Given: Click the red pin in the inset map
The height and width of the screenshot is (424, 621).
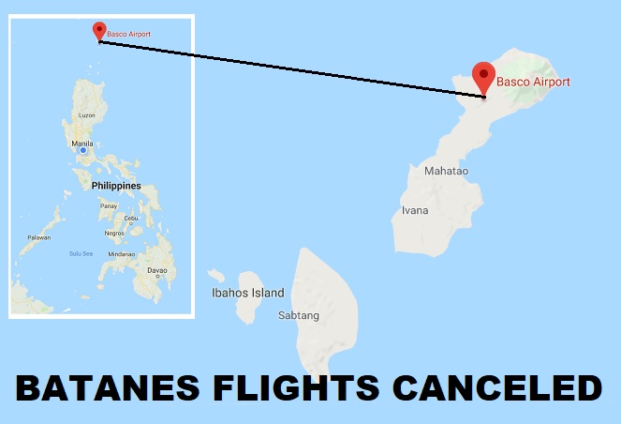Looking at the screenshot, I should [98, 31].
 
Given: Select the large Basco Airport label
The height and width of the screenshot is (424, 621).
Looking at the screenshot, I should [534, 83].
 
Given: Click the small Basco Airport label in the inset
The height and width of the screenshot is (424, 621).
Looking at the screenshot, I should [128, 35].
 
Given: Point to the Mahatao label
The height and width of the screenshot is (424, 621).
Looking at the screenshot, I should [446, 172].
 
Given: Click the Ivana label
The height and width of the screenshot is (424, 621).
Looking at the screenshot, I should [414, 210].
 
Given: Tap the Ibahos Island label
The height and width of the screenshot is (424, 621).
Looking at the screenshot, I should [247, 293].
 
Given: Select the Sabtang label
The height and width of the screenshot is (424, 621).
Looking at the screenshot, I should [299, 315].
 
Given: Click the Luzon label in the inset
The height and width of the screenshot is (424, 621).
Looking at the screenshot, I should [87, 115].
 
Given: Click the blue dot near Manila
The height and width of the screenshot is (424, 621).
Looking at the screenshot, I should [83, 151].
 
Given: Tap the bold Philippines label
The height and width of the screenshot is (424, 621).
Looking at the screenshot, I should [116, 186].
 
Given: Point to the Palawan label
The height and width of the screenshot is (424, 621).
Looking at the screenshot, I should [38, 237].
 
